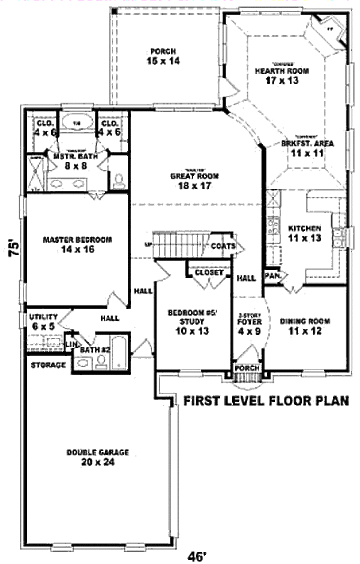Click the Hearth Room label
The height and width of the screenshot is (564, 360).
[x=282, y=70]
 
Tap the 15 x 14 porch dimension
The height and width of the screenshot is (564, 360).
[x=163, y=61]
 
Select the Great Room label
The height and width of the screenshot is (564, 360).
[x=194, y=176]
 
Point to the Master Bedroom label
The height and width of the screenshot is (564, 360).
[x=77, y=240]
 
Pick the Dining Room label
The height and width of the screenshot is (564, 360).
[x=305, y=321]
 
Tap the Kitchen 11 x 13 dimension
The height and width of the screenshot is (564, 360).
[x=305, y=238]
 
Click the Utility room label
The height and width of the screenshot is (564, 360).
[x=43, y=317]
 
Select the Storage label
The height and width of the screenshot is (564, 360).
[x=49, y=364]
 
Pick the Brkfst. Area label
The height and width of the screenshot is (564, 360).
[x=308, y=144]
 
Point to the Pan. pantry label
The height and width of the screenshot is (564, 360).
[x=274, y=276]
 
